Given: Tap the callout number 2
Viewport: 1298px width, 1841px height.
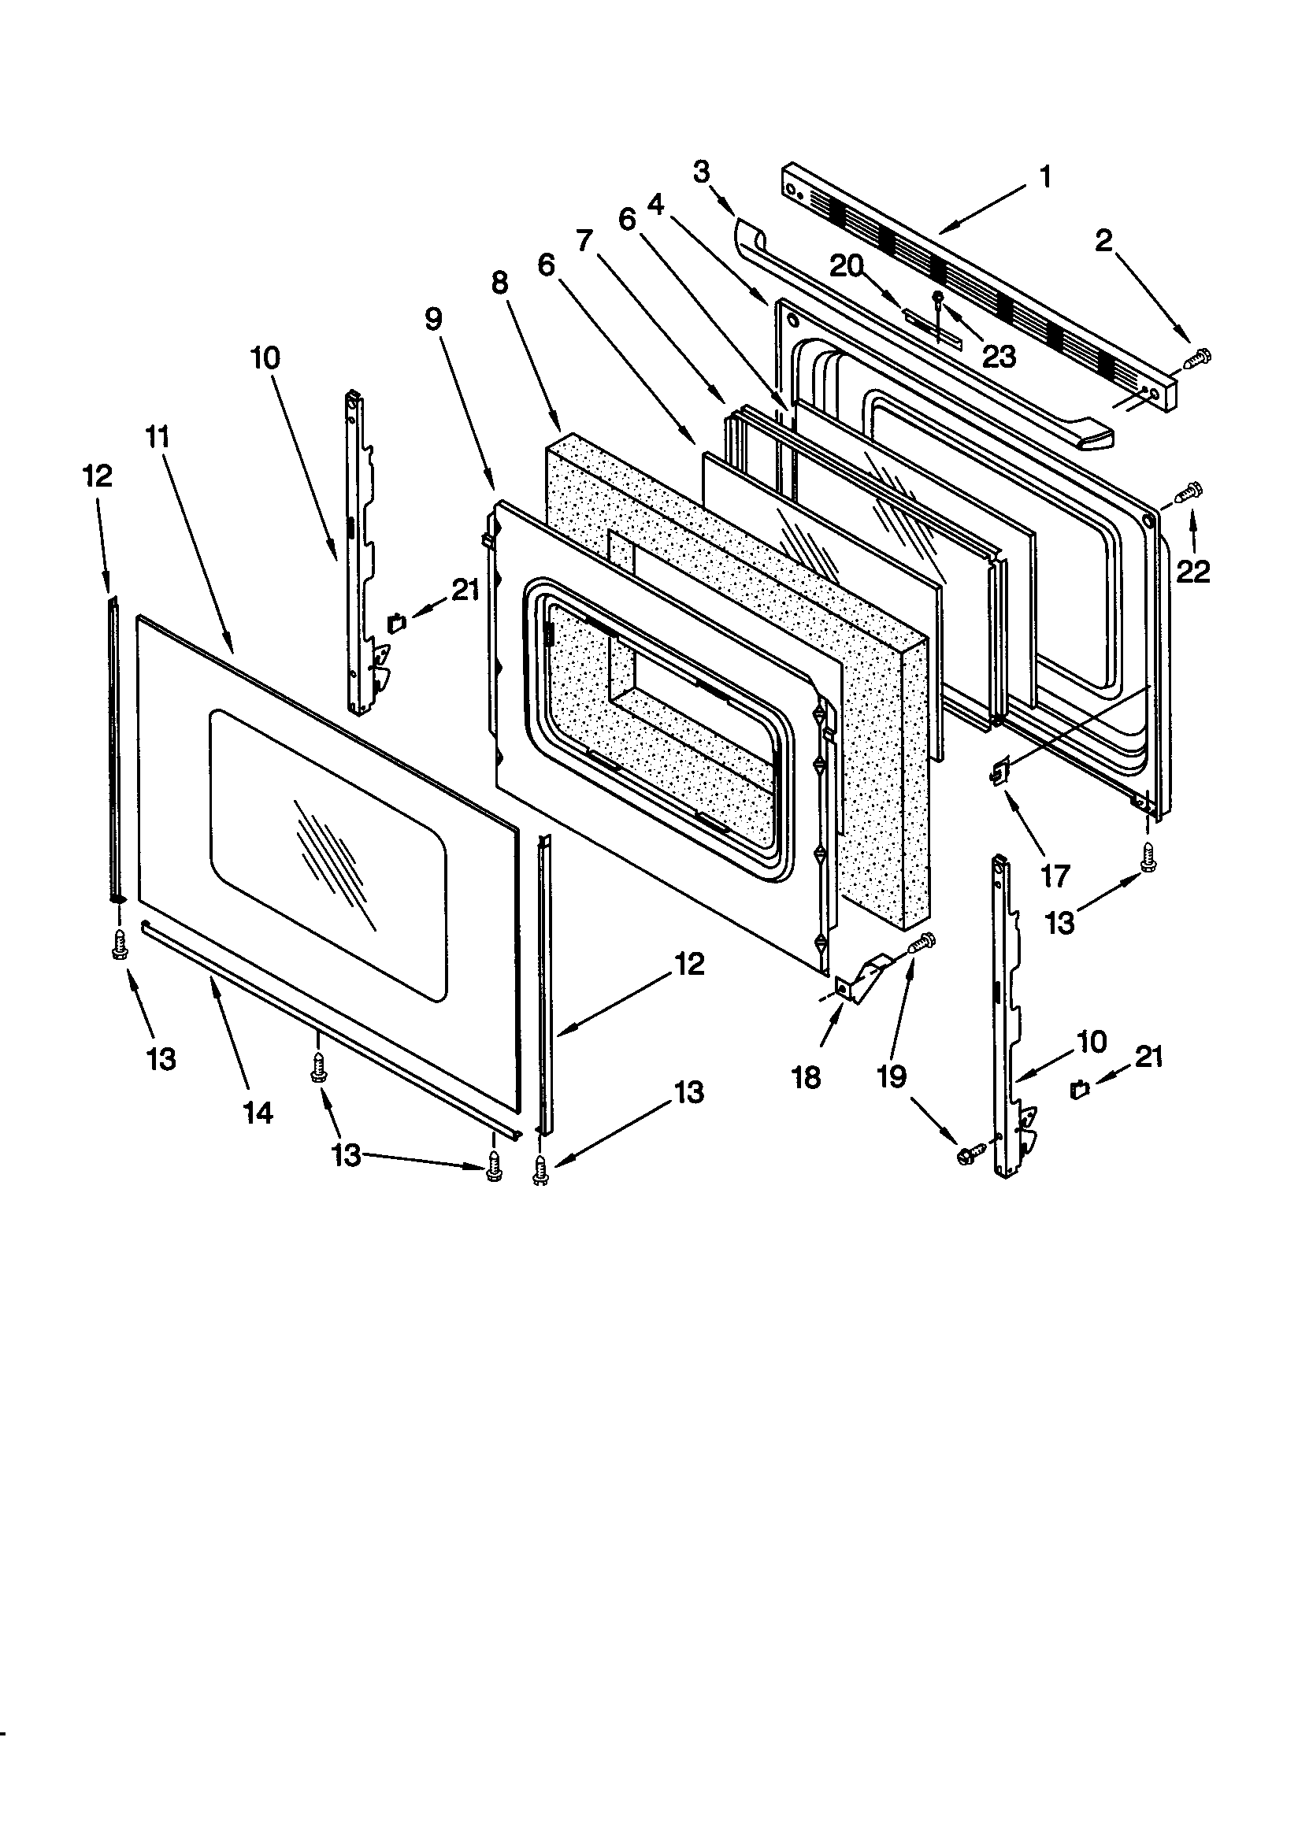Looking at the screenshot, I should click(x=1104, y=239).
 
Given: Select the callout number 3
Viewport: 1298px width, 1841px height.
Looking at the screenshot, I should click(x=701, y=172).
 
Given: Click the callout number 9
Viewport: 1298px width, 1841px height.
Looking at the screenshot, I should click(x=433, y=319).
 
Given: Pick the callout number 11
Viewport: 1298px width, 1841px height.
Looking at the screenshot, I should click(x=158, y=437).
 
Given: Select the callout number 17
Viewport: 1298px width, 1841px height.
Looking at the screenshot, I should click(x=1055, y=876).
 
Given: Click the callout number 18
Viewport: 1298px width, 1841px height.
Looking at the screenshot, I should click(x=806, y=1078).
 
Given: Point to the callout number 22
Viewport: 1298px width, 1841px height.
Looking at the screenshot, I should click(x=1192, y=572).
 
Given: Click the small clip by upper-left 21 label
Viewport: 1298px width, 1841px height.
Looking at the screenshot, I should click(x=396, y=621).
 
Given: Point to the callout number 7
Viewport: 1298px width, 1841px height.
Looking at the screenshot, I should click(x=583, y=239).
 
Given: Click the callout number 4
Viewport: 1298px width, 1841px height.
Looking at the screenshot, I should click(x=655, y=206).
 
